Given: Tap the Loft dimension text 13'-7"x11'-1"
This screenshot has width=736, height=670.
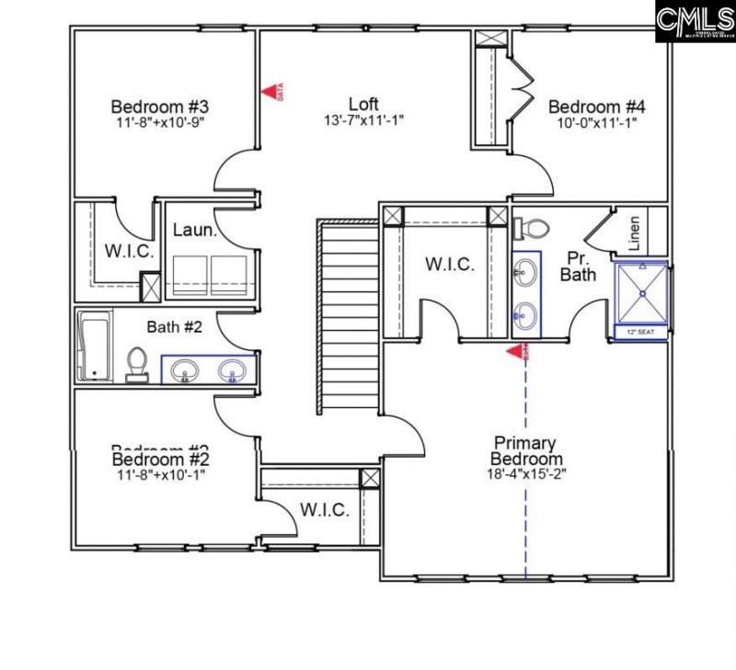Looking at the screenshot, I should click(363, 120).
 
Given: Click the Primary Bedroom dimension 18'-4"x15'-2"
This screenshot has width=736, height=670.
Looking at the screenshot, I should click(526, 474).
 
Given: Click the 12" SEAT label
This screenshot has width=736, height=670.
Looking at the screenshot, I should click(640, 331).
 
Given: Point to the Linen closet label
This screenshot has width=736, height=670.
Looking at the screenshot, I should click(634, 233).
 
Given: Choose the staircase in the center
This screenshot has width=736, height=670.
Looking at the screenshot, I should click(348, 317).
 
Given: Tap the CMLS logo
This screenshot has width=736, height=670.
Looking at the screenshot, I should click(695, 20).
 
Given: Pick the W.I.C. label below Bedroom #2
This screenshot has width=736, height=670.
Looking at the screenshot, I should click(325, 509).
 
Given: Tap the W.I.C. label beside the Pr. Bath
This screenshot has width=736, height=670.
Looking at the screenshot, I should click(450, 265).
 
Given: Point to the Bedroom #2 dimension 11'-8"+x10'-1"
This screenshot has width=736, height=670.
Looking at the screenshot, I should click(162, 474).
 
